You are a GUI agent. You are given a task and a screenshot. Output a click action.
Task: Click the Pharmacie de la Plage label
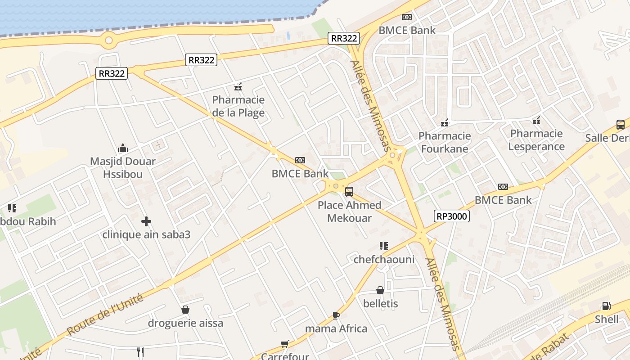(238, 106)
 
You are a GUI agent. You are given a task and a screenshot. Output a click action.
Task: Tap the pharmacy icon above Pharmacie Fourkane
(445, 122)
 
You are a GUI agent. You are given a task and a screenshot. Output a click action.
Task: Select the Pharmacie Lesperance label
(536, 140)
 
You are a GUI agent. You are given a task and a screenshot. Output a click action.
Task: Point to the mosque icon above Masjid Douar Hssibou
(123, 148)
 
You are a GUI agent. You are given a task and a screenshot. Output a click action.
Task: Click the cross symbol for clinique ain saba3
(146, 221)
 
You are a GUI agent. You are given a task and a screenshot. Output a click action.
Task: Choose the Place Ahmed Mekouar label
(350, 211)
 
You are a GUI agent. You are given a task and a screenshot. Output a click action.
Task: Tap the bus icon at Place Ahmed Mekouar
(349, 192)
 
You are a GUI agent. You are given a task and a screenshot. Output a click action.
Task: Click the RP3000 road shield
(452, 216)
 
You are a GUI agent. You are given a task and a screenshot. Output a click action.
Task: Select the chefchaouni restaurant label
(384, 259)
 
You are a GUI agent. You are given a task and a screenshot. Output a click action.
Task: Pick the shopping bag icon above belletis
(380, 290)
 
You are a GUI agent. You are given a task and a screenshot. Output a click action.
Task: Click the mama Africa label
(336, 328)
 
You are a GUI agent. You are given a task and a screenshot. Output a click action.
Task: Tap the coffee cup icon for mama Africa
(336, 315)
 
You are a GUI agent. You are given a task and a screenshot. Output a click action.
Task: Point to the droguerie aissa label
(185, 323)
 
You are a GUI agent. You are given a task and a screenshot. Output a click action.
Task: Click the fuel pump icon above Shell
(607, 306)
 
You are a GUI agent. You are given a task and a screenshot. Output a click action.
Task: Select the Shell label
(607, 319)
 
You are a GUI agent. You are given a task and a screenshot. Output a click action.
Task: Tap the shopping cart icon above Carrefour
(284, 344)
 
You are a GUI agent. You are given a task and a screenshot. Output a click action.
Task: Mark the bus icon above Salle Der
(621, 125)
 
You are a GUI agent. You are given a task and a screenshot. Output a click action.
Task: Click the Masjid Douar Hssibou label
(123, 167)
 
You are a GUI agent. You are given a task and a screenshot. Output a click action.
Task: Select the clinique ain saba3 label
(146, 234)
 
